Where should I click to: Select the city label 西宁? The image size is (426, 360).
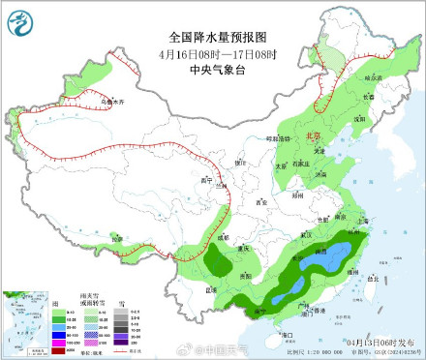coord(204,180)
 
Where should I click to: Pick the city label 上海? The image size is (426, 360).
coord(364,221)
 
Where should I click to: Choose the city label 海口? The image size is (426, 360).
coord(287,334)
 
